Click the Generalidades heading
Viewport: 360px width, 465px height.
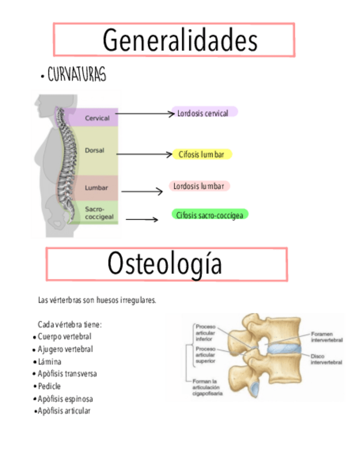(180, 40)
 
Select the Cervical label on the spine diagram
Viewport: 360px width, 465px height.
(97, 118)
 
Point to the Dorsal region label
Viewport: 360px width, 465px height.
(94, 150)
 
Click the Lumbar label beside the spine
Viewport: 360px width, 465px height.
(97, 188)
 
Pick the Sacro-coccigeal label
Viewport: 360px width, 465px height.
(99, 213)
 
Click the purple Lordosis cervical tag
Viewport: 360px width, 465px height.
(204, 113)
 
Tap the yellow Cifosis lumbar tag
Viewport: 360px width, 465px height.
(201, 155)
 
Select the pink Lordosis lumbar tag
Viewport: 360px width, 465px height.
(199, 186)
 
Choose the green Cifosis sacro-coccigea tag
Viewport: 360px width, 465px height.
(210, 215)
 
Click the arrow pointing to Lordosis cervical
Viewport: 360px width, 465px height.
(144, 114)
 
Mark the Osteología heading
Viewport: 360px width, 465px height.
(165, 264)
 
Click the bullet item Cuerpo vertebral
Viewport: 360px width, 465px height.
(64, 336)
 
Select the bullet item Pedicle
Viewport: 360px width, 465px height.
(49, 386)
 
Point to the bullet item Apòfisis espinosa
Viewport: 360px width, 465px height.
(65, 399)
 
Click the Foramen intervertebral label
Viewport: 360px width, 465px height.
(327, 337)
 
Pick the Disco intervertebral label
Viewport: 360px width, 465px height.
(327, 359)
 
